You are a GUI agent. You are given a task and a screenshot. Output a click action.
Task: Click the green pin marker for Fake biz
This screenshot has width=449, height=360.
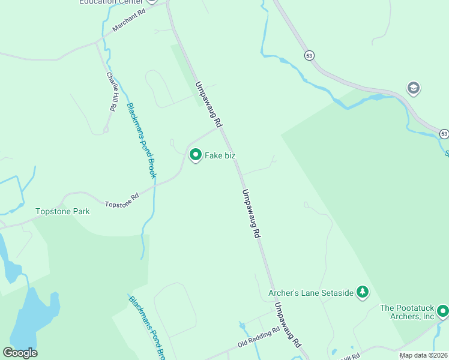tap(195, 155)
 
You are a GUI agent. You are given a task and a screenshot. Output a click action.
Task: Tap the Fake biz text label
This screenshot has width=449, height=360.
tap(220, 156)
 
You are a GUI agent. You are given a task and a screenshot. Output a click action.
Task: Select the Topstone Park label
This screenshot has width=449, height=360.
tap(62, 211)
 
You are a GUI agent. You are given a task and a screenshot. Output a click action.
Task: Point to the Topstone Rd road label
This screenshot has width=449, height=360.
tap(122, 200)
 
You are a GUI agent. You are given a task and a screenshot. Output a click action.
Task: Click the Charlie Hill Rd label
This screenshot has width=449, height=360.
tap(111, 92)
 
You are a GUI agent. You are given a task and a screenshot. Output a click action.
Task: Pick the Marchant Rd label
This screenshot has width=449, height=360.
tap(128, 20)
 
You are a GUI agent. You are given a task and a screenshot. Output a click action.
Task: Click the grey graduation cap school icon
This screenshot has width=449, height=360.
tap(413, 89)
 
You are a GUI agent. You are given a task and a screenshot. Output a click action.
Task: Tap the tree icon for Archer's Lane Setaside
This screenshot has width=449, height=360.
tap(362, 292)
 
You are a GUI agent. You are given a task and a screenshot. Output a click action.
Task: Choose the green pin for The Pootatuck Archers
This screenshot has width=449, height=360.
tap(442, 311)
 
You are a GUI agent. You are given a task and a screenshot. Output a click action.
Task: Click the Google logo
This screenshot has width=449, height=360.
tap(20, 353)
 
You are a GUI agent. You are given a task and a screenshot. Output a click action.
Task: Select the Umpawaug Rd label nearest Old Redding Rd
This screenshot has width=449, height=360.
tap(287, 325)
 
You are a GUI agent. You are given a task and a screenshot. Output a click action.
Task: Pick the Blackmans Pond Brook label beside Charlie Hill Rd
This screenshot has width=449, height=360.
tap(141, 140)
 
